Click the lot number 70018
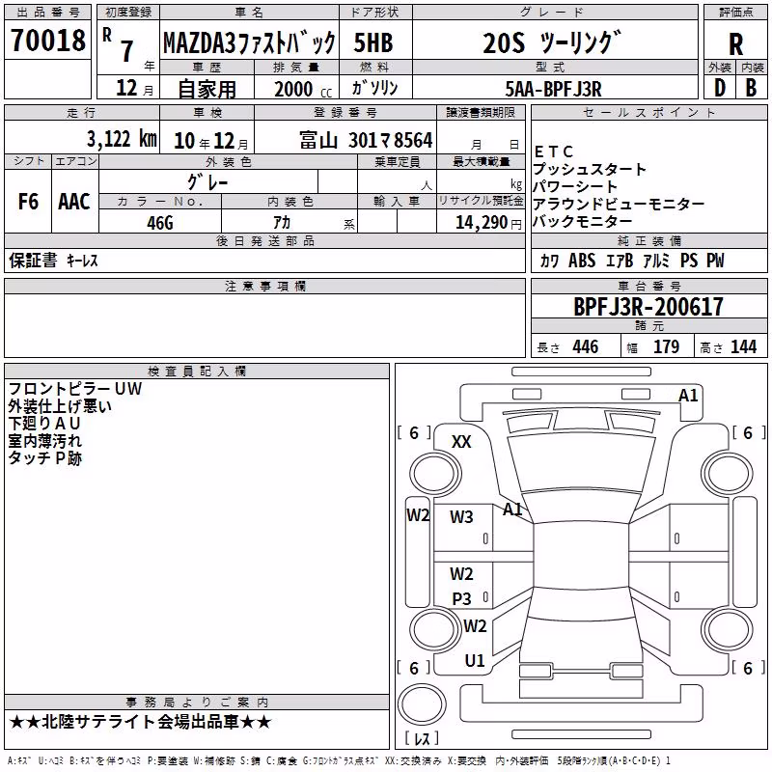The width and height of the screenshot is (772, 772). click(48, 41)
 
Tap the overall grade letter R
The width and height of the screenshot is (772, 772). click(735, 44)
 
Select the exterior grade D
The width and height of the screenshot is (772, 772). click(720, 88)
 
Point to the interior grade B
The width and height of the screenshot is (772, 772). click(751, 88)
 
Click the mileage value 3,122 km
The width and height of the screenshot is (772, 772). click(122, 139)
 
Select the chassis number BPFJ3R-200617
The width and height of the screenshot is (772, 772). click(648, 307)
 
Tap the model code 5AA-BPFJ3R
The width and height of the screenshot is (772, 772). click(553, 89)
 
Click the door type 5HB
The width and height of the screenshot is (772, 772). click(373, 42)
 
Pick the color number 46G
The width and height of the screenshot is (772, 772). click(160, 223)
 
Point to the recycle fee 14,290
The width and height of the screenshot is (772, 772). click(481, 223)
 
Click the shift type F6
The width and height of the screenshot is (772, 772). click(28, 202)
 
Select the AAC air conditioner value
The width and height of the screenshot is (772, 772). click(74, 202)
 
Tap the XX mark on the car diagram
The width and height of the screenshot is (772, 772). click(461, 442)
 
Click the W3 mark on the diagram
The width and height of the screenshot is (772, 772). click(461, 516)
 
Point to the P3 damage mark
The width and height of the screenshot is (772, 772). click(462, 598)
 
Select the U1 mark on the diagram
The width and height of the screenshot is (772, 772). click(475, 661)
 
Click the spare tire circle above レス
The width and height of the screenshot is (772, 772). click(422, 704)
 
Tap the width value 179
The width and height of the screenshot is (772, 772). click(666, 346)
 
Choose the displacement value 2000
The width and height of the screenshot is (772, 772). click(293, 89)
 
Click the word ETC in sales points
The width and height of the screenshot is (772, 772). click(553, 152)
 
